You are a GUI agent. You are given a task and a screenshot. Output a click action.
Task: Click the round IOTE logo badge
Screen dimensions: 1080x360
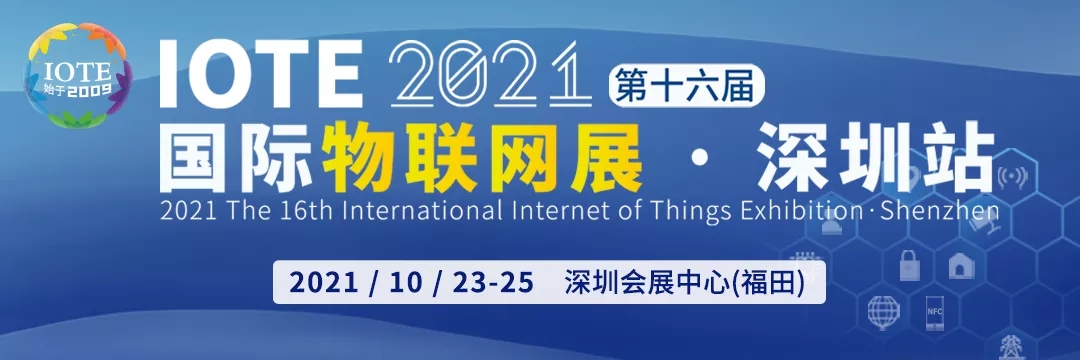[x=78, y=76]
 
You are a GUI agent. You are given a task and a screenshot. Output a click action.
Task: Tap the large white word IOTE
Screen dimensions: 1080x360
[x=261, y=75]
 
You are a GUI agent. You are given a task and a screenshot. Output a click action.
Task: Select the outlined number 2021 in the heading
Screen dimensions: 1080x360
[x=490, y=74]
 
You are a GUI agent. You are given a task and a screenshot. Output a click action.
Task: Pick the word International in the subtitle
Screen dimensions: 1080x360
[x=423, y=210]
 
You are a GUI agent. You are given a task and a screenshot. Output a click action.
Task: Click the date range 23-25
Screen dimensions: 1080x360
[x=494, y=282]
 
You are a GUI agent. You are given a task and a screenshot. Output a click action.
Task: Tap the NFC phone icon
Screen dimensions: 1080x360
[x=935, y=313]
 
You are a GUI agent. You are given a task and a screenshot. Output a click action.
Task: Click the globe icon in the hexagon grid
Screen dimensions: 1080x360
[x=884, y=312]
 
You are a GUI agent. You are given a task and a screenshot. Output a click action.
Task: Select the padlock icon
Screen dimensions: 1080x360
[x=910, y=265]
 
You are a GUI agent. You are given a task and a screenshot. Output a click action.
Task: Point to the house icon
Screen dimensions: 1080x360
[x=961, y=266]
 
